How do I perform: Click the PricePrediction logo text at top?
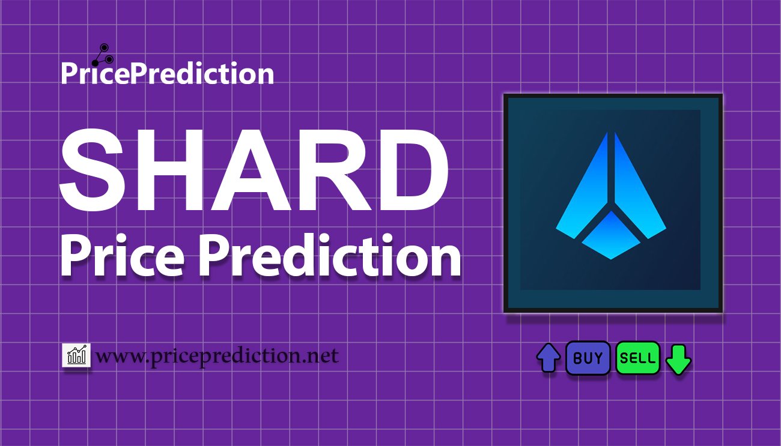pyautogui.click(x=168, y=73)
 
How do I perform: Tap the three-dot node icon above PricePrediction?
pyautogui.click(x=103, y=55)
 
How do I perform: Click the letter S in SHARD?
pyautogui.click(x=91, y=170)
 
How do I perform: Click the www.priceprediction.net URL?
pyautogui.click(x=217, y=356)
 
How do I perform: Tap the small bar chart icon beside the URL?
pyautogui.click(x=76, y=355)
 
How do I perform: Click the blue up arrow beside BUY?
pyautogui.click(x=549, y=358)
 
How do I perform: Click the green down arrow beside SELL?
pyautogui.click(x=678, y=360)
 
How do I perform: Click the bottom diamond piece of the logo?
pyautogui.click(x=611, y=235)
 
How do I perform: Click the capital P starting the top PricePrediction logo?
pyautogui.click(x=69, y=74)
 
